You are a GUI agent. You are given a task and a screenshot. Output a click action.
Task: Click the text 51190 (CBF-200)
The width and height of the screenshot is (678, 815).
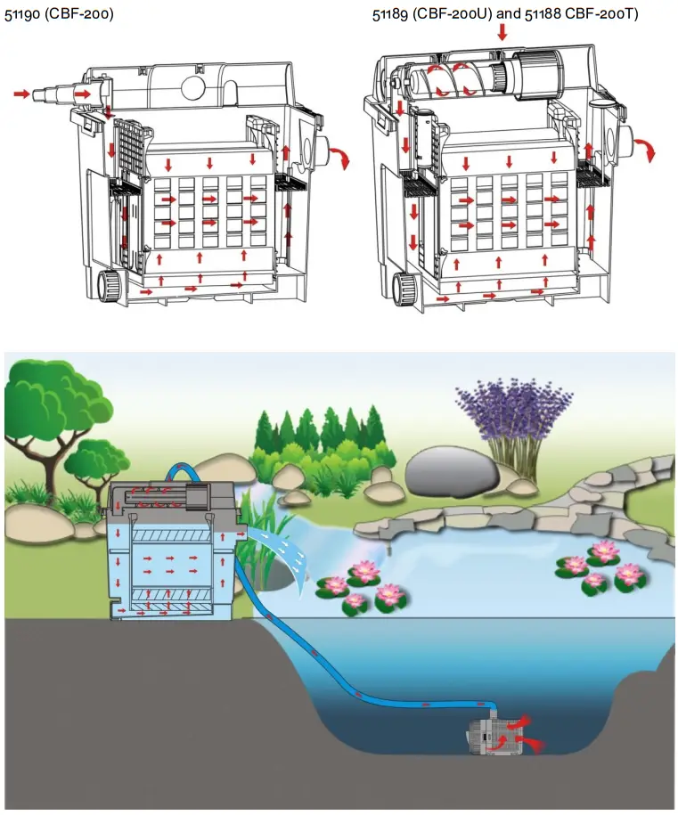click(x=59, y=14)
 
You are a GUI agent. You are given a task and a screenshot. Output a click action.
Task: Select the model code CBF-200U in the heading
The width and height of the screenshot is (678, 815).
click(x=449, y=14)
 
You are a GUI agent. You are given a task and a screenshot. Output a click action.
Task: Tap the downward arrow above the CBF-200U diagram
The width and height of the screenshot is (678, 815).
click(x=502, y=33)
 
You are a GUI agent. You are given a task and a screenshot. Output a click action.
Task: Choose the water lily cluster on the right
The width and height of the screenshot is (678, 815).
click(x=597, y=565)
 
